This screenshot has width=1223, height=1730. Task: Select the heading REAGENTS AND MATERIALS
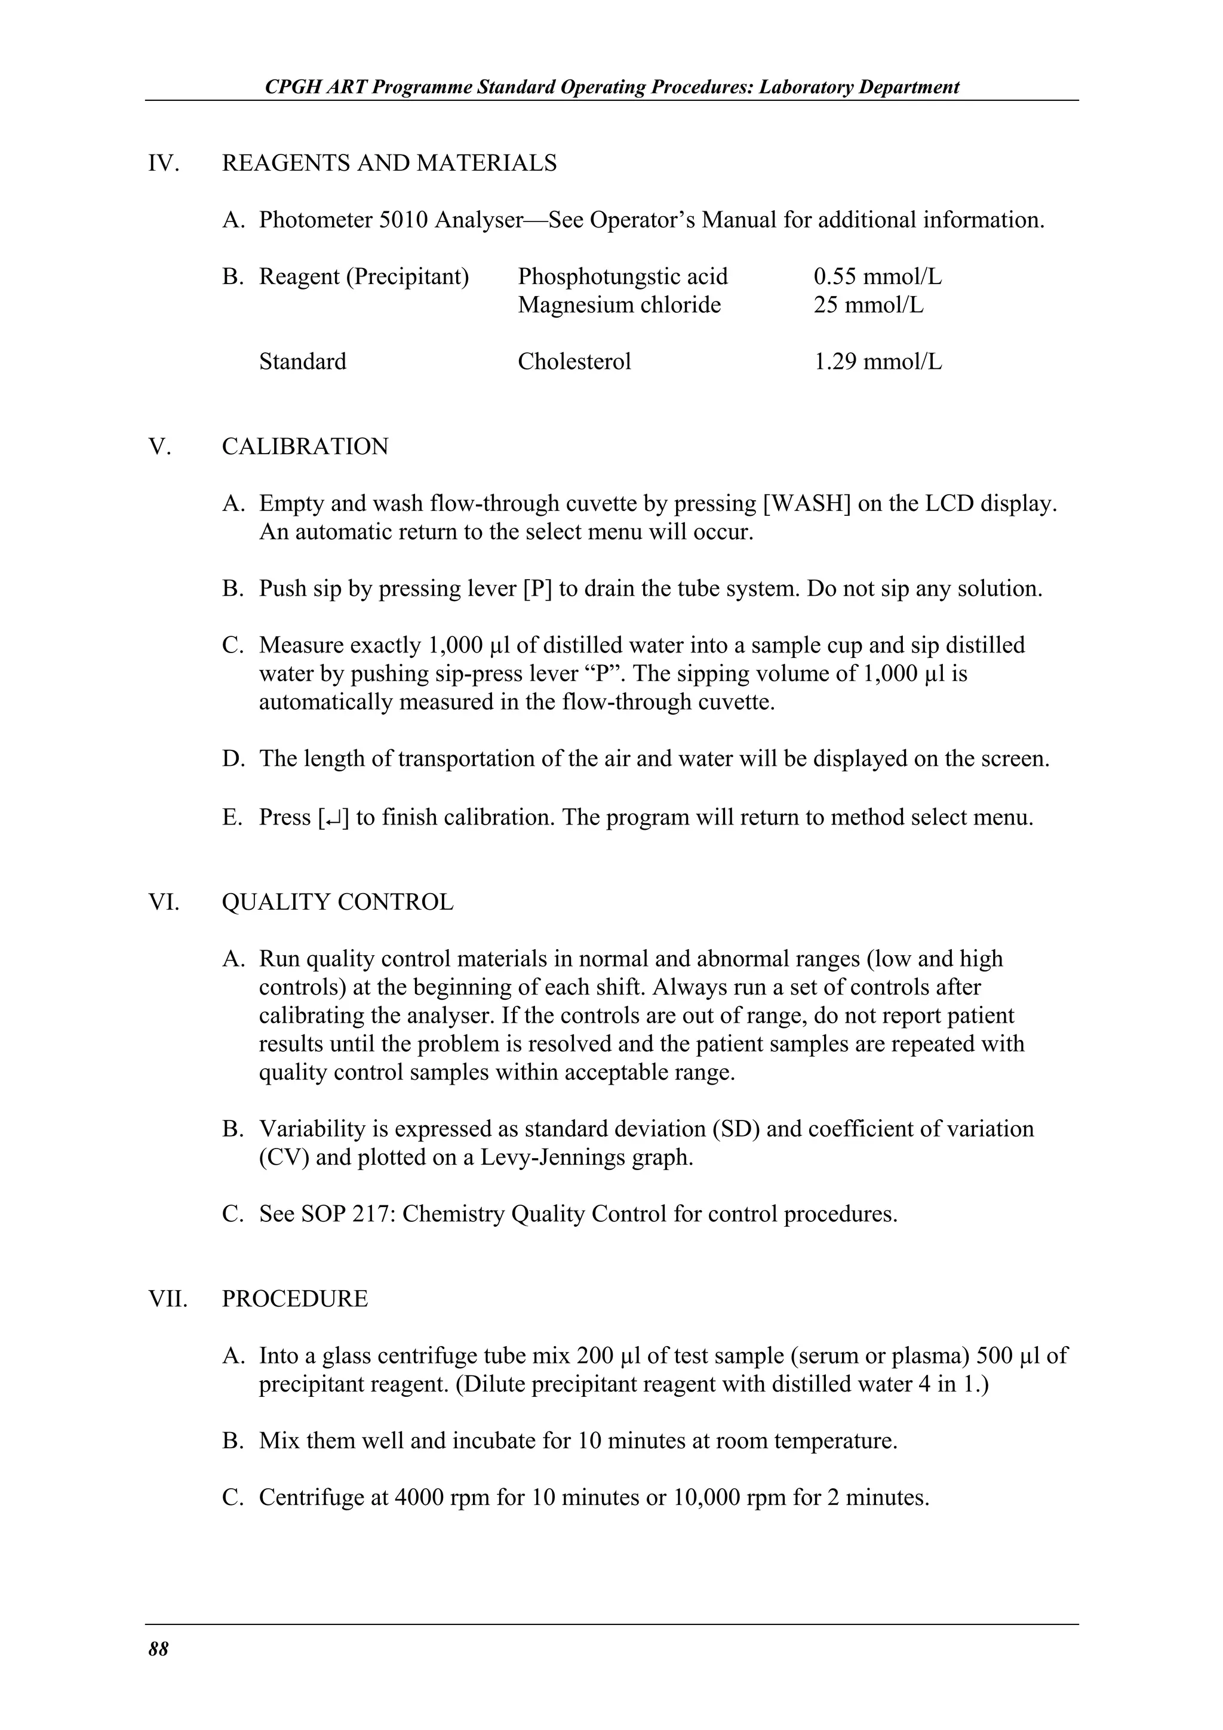click(389, 163)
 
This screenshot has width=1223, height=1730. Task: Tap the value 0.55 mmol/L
click(877, 276)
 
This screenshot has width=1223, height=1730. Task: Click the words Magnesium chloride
click(619, 305)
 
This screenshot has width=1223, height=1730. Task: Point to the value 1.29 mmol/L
click(877, 362)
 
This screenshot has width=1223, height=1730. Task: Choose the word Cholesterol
click(574, 362)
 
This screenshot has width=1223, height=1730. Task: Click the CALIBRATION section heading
click(305, 447)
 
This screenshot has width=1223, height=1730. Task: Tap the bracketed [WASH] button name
click(806, 503)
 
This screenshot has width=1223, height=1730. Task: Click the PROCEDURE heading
click(294, 1299)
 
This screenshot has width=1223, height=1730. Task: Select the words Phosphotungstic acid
click(622, 276)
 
